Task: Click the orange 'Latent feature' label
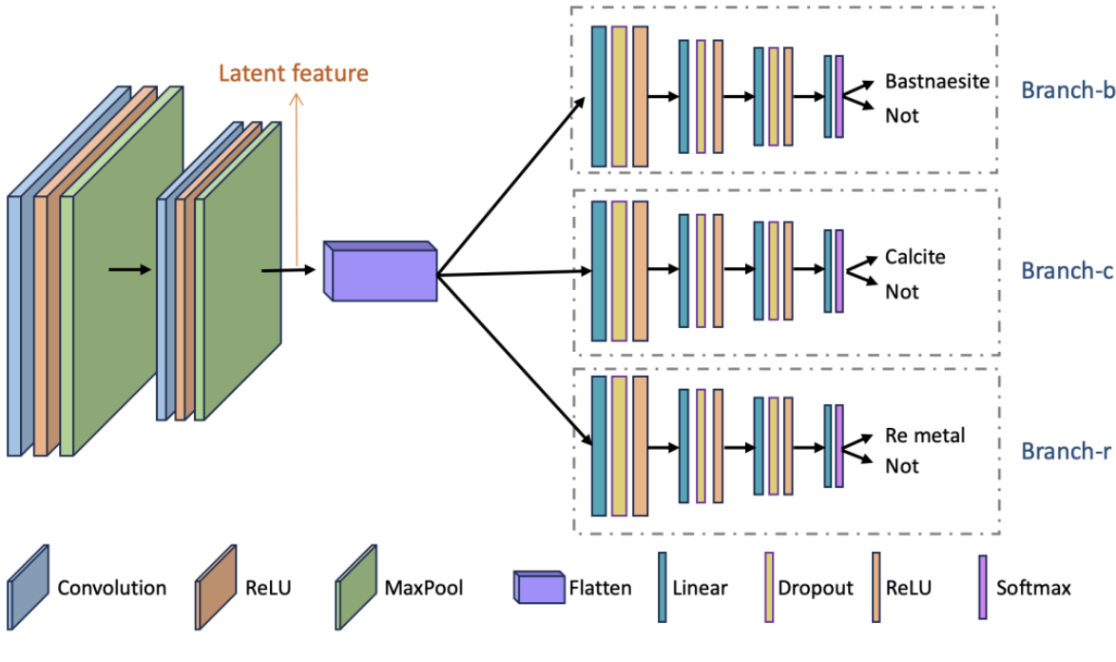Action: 293,72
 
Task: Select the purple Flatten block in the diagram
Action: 380,271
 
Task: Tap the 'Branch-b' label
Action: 1066,90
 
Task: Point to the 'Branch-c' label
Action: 1066,271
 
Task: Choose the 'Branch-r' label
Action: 1065,451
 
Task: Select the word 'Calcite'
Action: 915,257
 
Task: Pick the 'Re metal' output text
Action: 924,436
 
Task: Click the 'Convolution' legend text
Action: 111,587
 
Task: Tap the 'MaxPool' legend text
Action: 424,587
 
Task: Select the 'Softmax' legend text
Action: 1033,588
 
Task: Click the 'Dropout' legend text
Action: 816,588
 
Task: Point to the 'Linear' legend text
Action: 700,588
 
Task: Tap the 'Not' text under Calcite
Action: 902,292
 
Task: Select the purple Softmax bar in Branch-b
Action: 838,96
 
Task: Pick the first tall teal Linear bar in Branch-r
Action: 599,445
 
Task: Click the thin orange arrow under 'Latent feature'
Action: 298,181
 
